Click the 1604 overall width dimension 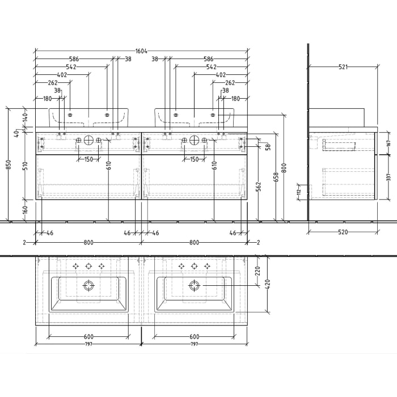point(141,50)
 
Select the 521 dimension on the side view point(343,67)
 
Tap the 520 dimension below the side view point(343,232)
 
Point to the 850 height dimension point(8,164)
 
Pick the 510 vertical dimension point(25,166)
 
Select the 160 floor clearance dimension point(25,209)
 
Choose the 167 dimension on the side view point(388,143)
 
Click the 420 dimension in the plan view point(266,283)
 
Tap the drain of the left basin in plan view point(88,285)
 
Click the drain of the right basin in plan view point(194,285)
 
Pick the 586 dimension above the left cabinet point(74,58)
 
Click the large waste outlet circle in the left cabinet point(88,140)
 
